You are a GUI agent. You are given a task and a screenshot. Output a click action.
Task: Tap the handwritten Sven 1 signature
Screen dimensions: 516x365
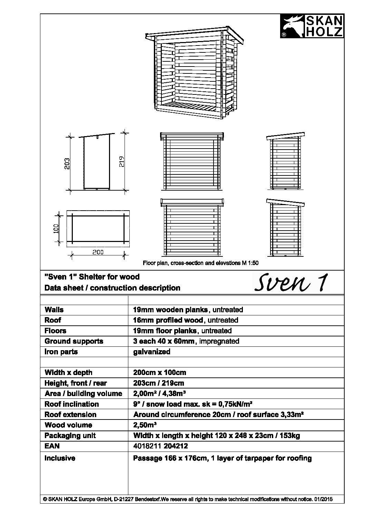[x=291, y=283]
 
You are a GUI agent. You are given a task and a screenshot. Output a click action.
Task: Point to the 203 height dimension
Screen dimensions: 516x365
[x=68, y=163]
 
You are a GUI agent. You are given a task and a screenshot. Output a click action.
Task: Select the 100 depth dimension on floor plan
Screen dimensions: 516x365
[x=57, y=228]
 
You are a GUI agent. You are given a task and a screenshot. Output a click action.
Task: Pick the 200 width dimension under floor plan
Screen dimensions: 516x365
[x=98, y=252]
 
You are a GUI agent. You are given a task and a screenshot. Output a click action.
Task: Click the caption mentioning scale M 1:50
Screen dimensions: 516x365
[x=200, y=263]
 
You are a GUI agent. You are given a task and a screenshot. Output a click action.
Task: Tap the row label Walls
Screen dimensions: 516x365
[x=54, y=310]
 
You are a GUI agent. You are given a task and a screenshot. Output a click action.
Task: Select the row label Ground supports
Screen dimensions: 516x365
[x=74, y=341]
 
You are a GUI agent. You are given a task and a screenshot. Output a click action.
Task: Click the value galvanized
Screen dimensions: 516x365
[x=151, y=352]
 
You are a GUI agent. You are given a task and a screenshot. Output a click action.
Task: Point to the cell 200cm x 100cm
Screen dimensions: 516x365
[x=159, y=373]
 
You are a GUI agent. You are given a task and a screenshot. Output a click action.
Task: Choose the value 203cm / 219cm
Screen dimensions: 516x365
[x=158, y=383]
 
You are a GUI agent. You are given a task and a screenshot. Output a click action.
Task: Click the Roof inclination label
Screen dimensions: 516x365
[x=72, y=404]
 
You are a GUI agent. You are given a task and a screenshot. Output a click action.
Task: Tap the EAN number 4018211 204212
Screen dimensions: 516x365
[x=160, y=446]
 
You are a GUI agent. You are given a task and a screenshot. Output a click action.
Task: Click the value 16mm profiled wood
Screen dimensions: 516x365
[x=168, y=320]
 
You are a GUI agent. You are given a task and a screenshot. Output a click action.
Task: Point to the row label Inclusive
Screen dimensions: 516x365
[x=60, y=458]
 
